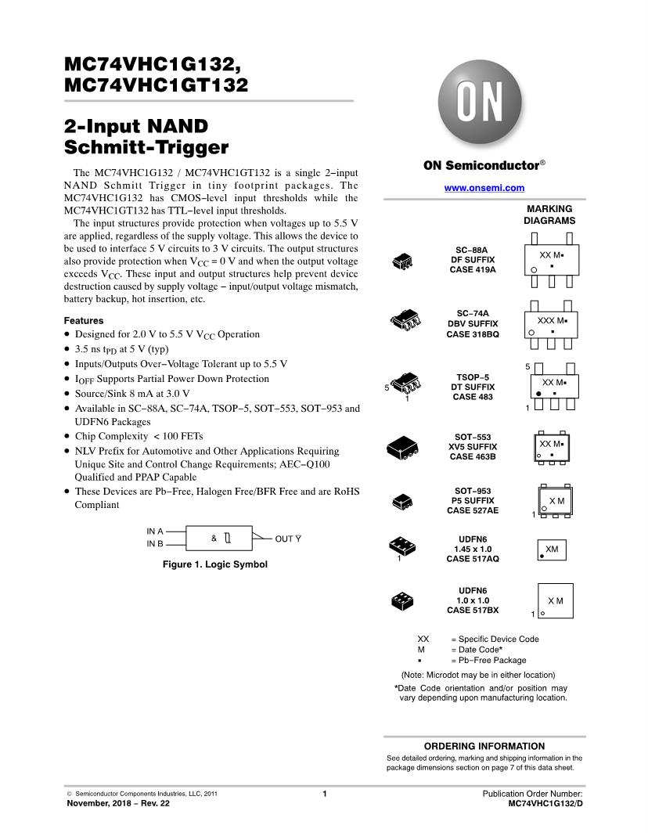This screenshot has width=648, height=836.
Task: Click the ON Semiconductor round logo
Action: click(469, 102)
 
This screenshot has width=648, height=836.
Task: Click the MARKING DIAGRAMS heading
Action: click(549, 214)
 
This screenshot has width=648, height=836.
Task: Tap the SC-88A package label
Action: click(472, 249)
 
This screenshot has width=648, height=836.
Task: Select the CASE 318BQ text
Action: click(472, 334)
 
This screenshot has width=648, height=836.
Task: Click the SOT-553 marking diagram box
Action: click(553, 448)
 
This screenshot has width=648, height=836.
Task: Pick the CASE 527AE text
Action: click(472, 510)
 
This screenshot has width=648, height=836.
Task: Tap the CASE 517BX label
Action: click(472, 610)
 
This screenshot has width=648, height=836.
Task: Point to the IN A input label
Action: click(155, 532)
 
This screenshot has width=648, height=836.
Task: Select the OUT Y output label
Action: click(288, 539)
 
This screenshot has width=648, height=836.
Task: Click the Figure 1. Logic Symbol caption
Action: click(214, 564)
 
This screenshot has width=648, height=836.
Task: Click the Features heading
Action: click(84, 321)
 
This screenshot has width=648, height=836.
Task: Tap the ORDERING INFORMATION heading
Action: click(484, 746)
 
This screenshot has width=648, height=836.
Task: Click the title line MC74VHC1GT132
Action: click(156, 85)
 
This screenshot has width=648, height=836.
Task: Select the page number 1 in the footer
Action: click(324, 794)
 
